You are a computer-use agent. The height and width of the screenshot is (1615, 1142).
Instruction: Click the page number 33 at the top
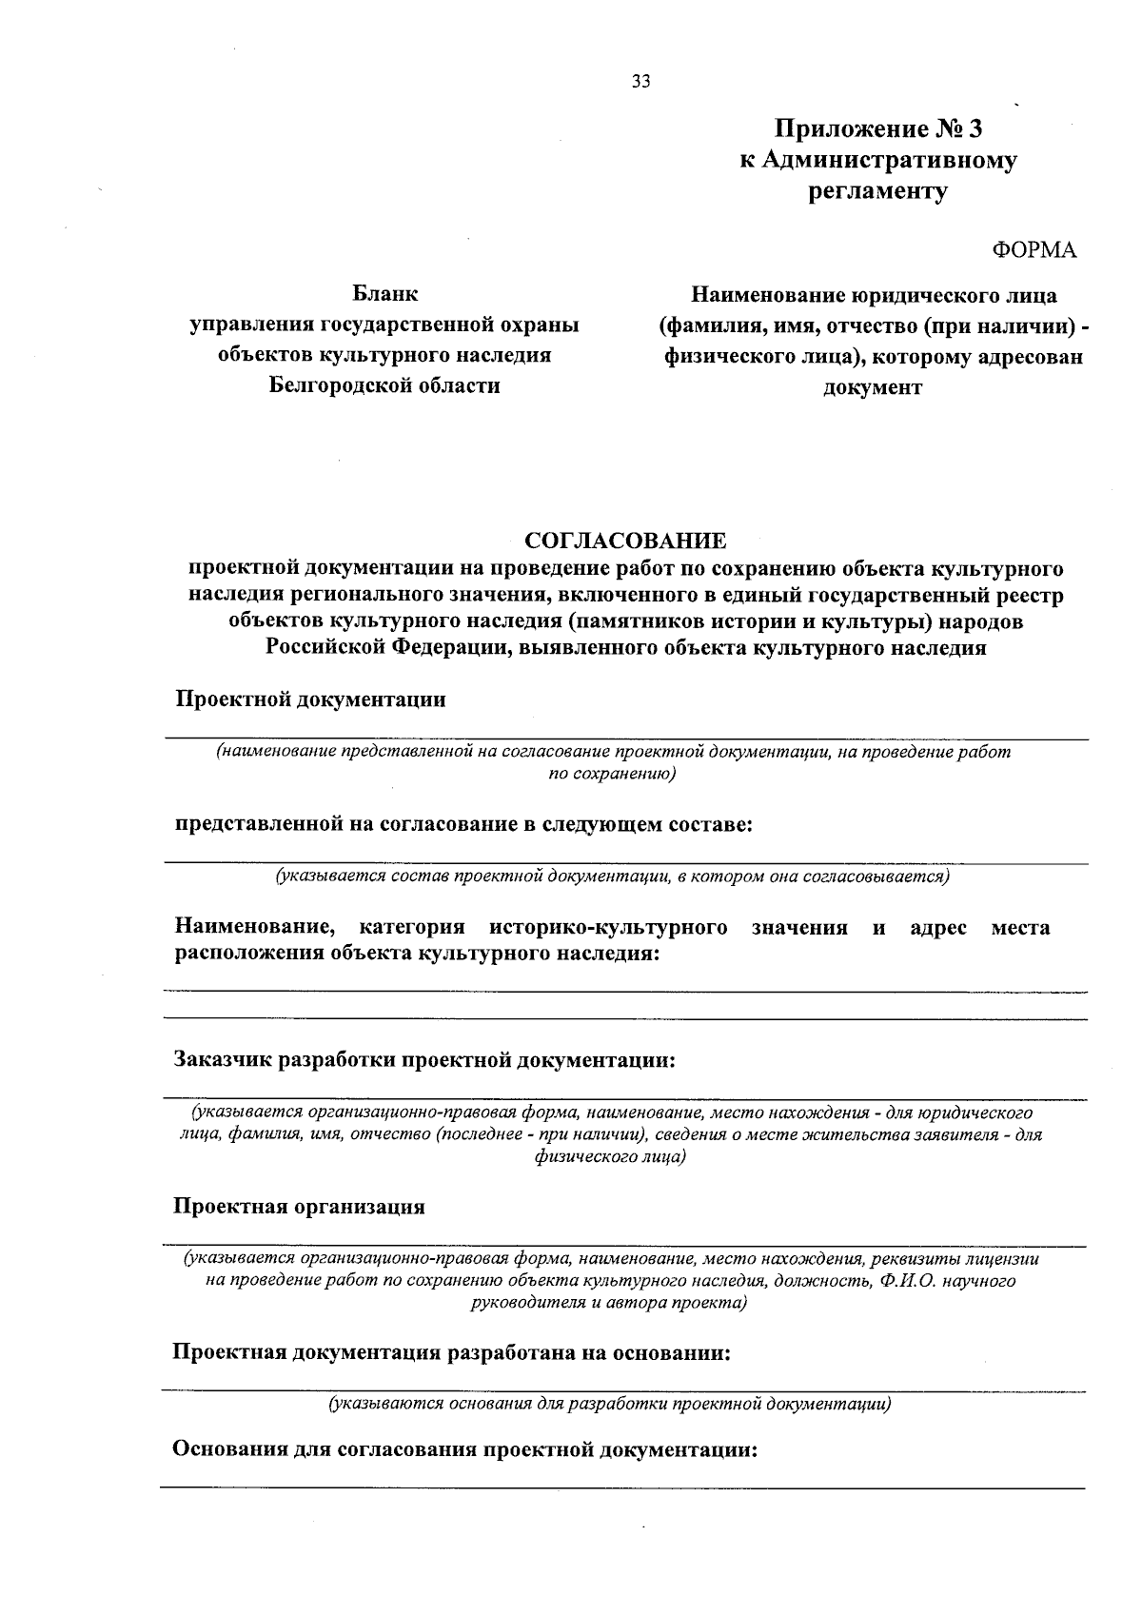(640, 82)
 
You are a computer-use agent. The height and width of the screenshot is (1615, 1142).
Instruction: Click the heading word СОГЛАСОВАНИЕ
(625, 542)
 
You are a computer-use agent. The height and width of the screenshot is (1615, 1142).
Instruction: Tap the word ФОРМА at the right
(1034, 250)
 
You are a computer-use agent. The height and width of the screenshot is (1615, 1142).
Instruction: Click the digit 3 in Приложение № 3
(974, 128)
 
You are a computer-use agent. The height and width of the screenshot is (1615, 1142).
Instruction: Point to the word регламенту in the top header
(877, 191)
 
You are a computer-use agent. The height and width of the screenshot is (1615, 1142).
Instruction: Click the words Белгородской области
(384, 385)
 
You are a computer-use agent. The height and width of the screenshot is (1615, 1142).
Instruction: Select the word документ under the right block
(872, 387)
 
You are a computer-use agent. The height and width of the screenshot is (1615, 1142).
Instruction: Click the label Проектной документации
(310, 699)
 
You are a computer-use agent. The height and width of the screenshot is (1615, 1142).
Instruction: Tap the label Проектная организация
(299, 1207)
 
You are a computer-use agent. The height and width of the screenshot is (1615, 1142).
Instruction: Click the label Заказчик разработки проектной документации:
(424, 1060)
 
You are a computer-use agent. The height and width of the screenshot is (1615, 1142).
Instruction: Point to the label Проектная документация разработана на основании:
(451, 1352)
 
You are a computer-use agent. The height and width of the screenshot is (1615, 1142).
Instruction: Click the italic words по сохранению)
(613, 774)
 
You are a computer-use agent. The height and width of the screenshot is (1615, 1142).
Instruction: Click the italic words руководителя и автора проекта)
(609, 1303)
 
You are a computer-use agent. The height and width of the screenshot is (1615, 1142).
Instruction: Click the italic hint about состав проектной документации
(613, 876)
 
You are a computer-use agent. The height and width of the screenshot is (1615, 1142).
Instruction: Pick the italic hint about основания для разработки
(610, 1403)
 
